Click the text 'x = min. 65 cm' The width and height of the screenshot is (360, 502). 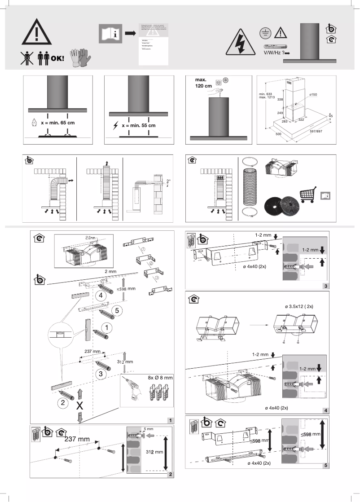57,122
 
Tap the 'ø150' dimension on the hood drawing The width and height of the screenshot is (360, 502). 313,95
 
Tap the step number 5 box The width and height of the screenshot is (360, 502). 325,465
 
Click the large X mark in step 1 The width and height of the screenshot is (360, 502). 79,405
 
